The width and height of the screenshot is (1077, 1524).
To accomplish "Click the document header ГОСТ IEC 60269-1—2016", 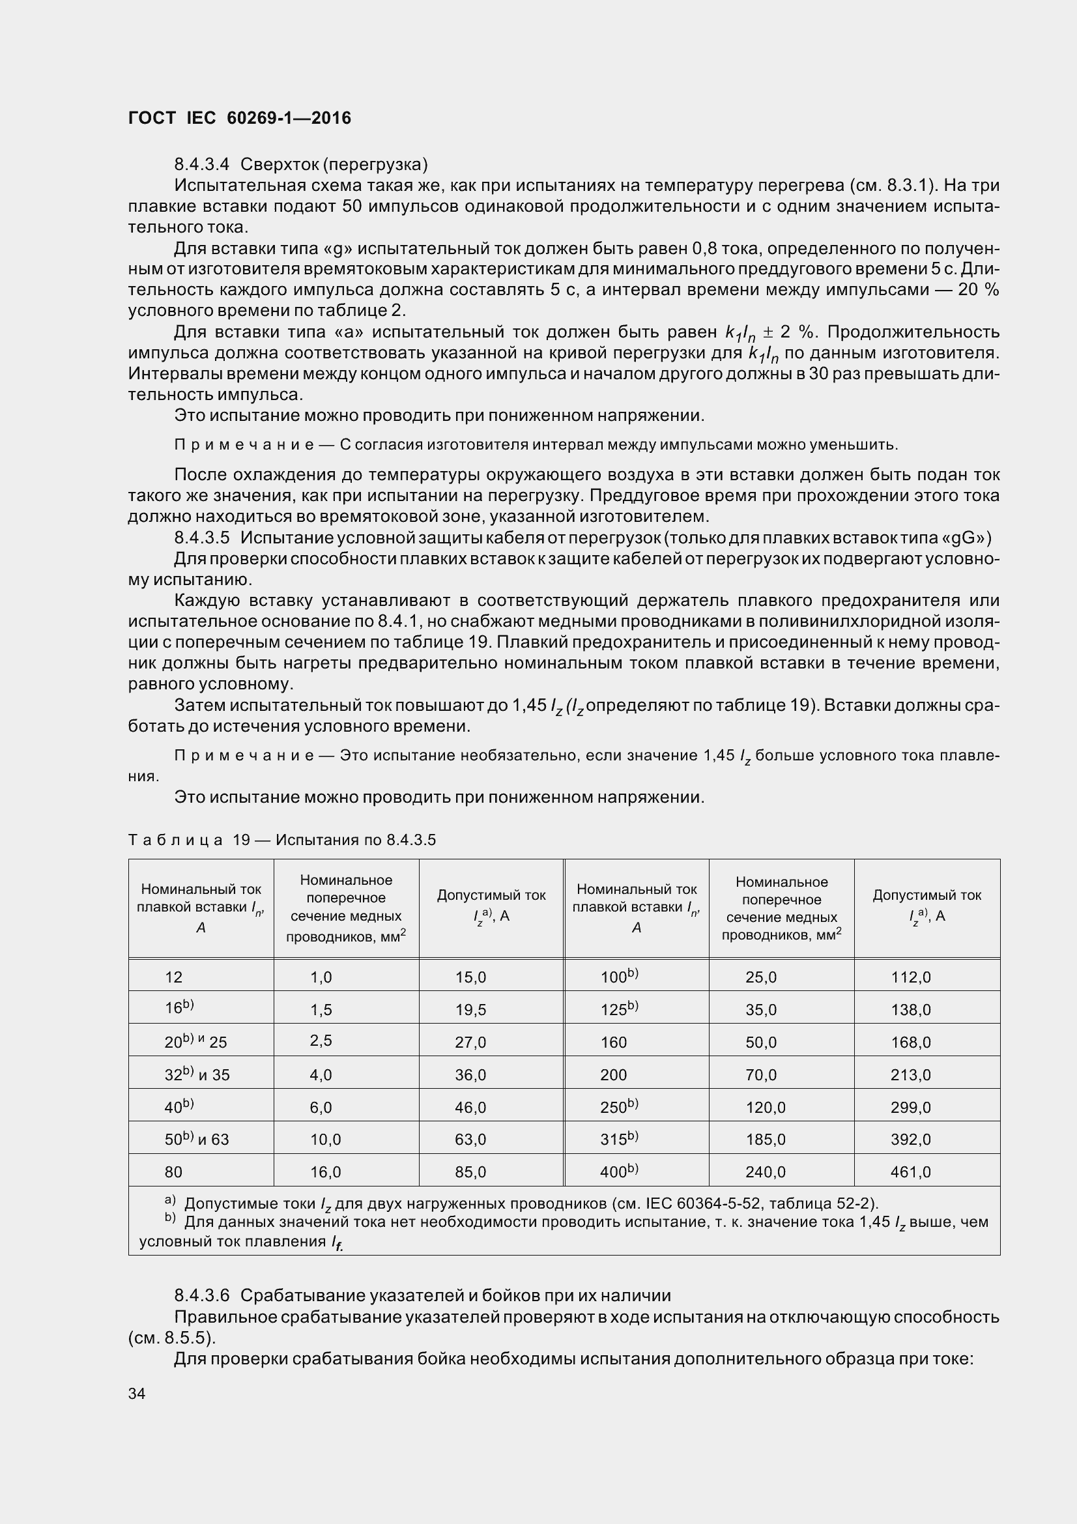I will [240, 118].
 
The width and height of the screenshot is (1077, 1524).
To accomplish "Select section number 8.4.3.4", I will [202, 164].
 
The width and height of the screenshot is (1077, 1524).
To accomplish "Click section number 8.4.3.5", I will [202, 538].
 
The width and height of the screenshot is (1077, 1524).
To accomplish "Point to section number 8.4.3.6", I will [202, 1295].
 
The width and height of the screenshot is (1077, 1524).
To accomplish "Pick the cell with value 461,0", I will [910, 1172].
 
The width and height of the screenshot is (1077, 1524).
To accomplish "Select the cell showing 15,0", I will [470, 977].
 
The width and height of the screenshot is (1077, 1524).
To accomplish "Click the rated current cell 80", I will [173, 1172].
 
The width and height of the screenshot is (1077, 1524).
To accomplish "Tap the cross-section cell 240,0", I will [765, 1172].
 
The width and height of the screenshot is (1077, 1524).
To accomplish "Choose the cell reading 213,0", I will [910, 1074].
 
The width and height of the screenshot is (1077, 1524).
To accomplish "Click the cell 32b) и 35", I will [197, 1074].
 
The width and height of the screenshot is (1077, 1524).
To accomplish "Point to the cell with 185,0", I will [765, 1140].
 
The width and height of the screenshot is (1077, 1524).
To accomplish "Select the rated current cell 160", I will [613, 1042].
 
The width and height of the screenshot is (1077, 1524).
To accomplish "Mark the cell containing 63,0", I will [470, 1140].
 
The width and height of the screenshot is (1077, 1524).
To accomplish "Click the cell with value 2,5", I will [321, 1040].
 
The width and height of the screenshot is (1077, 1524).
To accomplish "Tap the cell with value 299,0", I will [910, 1107].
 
